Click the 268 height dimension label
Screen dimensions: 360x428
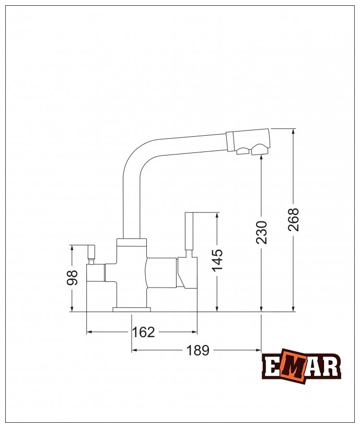[293, 220]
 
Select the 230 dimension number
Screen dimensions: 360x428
[261, 232]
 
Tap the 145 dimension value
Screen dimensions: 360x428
[217, 260]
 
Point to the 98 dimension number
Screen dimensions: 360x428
[72, 278]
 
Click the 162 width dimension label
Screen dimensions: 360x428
[143, 332]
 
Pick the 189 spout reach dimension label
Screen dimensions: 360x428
[198, 350]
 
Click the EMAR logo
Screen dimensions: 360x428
[301, 366]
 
